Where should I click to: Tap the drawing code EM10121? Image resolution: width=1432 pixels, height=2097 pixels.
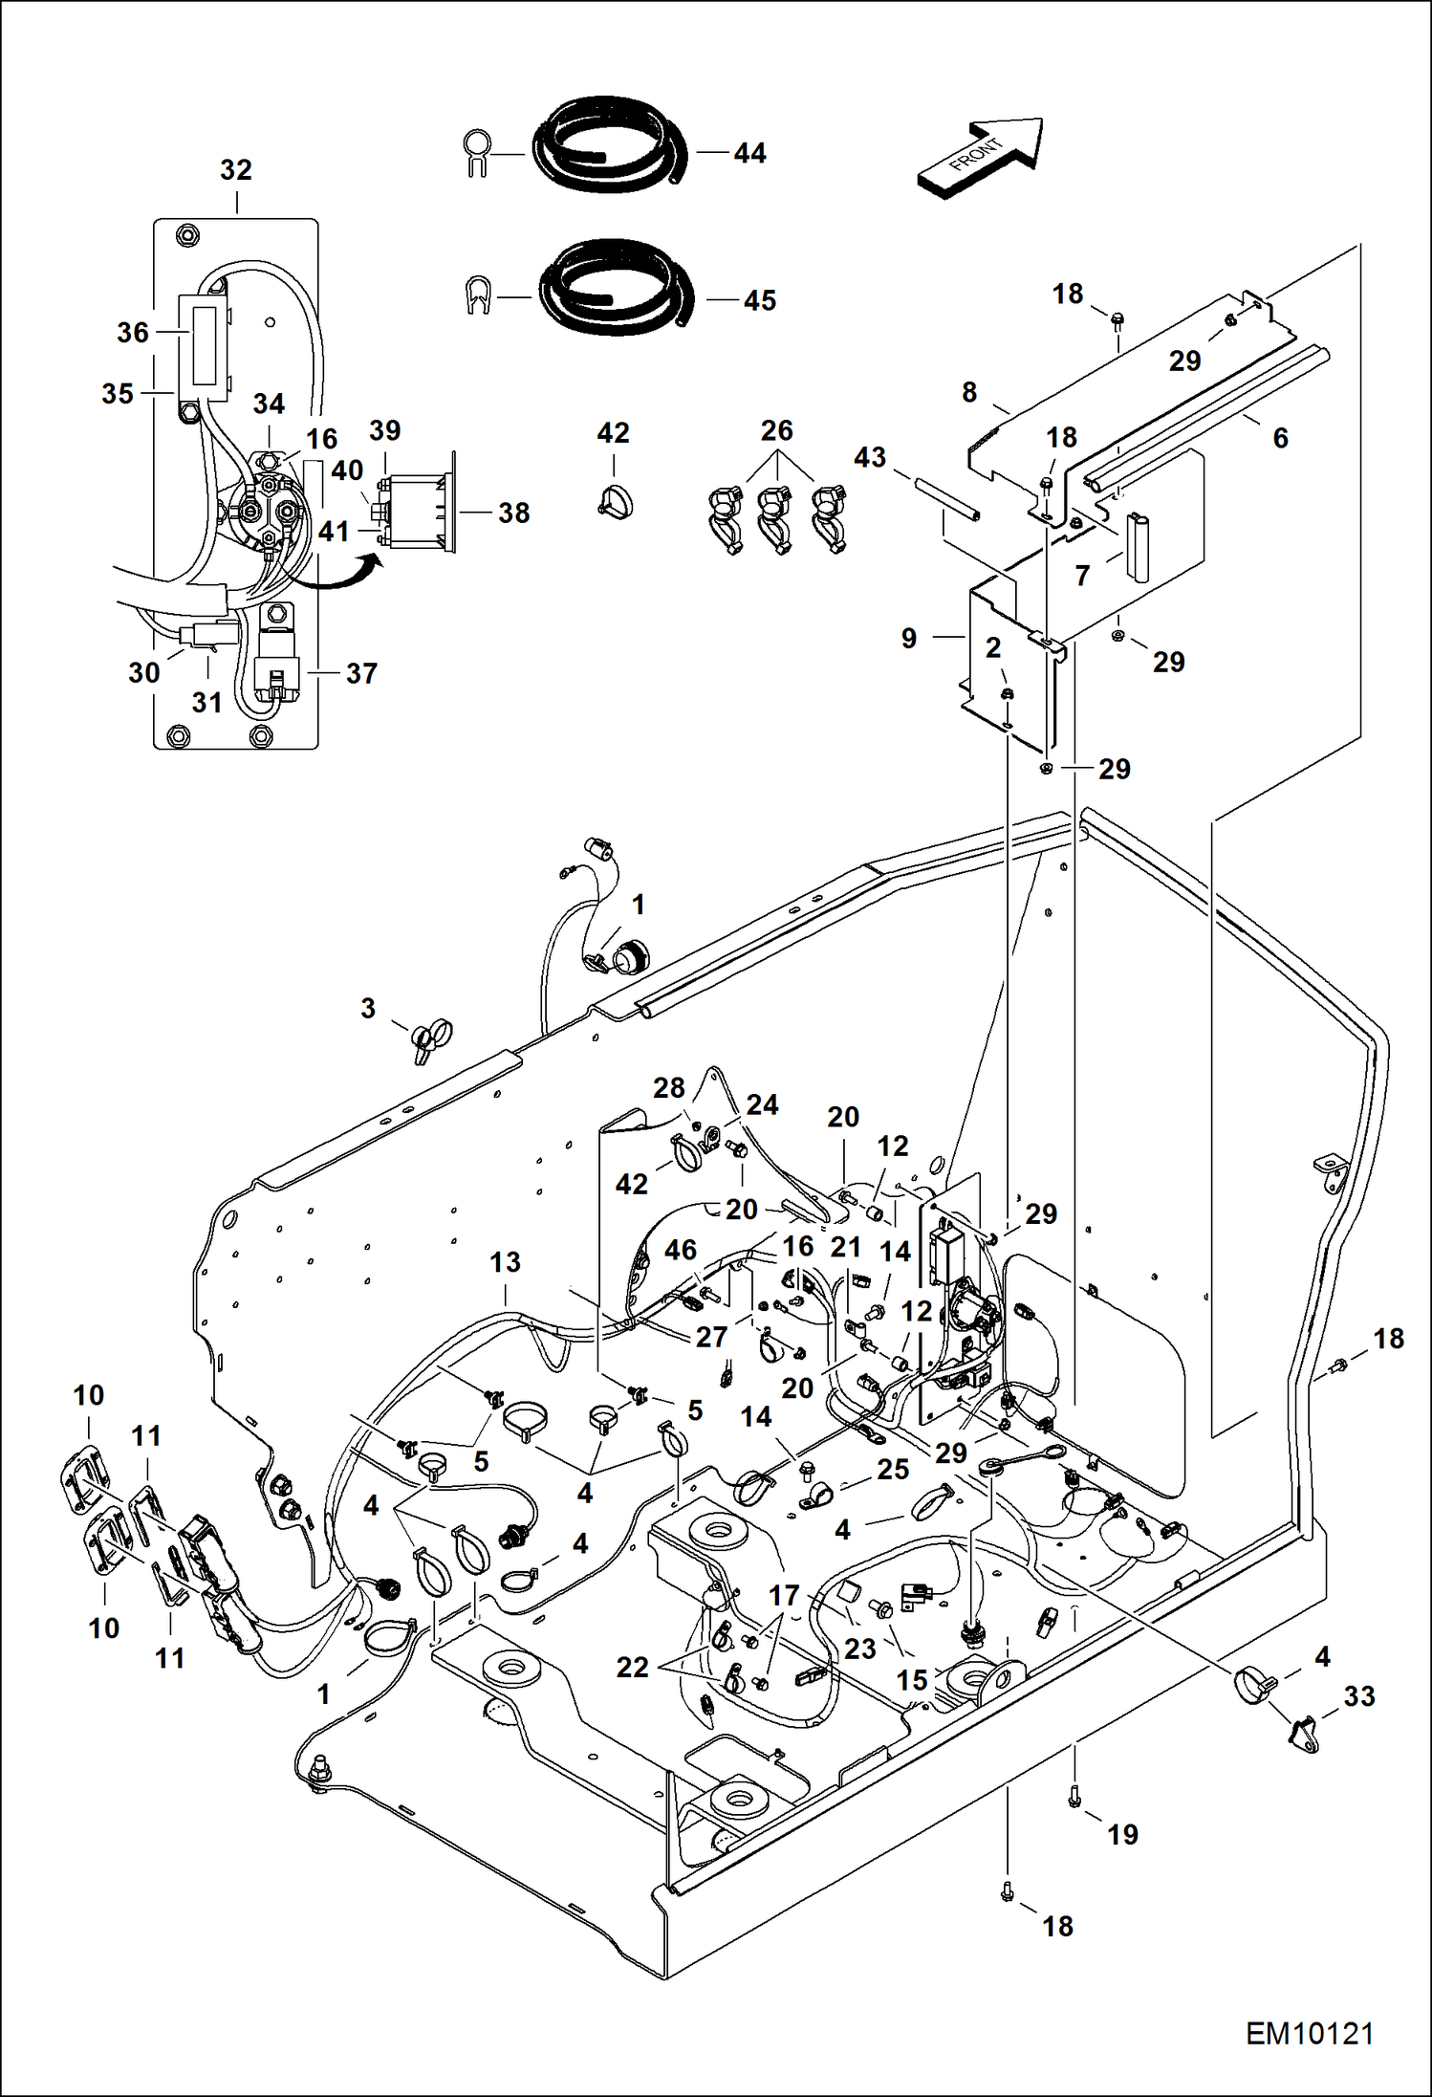tap(1309, 2033)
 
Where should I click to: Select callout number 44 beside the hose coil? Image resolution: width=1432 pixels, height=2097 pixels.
tap(749, 153)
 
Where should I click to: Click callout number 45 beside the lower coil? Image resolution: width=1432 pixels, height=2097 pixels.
tap(759, 300)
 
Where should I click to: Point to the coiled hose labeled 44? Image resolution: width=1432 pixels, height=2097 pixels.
tap(608, 144)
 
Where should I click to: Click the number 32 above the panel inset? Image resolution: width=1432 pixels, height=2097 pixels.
tap(236, 170)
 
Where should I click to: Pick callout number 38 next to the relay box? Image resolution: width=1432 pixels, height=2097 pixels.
tap(513, 513)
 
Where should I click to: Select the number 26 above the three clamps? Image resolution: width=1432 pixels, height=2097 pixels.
tap(776, 431)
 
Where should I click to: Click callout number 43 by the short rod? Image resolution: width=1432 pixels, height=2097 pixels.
tap(869, 457)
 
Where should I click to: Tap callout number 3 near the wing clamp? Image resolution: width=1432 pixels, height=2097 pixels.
tap(368, 1008)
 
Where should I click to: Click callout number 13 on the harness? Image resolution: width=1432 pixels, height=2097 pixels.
tap(505, 1262)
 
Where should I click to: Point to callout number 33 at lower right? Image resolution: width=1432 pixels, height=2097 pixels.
tap(1358, 1696)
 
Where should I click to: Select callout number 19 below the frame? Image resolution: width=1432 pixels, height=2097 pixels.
tap(1122, 1834)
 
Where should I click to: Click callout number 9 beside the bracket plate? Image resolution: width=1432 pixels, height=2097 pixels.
tap(908, 638)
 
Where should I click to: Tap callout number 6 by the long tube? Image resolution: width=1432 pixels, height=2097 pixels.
tap(1280, 438)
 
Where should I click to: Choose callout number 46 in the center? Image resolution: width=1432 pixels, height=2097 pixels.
tap(680, 1250)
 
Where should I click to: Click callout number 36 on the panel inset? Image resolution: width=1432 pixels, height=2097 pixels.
tap(133, 333)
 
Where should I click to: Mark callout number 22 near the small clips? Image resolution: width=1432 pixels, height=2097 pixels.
tap(632, 1667)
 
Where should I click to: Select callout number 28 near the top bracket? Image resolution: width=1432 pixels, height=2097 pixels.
tap(668, 1088)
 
